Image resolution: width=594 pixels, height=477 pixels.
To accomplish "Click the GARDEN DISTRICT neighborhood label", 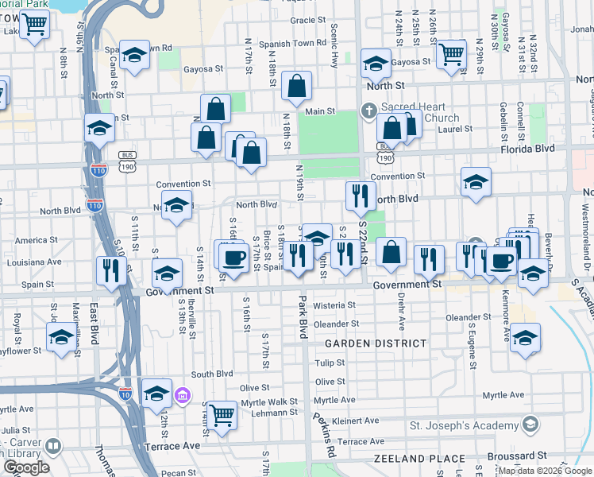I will click(376, 343).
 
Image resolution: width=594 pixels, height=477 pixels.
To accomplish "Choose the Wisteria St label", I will click(333, 304).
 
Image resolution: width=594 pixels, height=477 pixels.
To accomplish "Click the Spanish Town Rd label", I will click(299, 43).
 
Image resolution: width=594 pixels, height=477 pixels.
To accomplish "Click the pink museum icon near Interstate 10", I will click(183, 394).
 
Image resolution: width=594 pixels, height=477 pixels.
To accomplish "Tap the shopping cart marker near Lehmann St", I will click(222, 413).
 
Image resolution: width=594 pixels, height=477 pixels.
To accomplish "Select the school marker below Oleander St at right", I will click(525, 337).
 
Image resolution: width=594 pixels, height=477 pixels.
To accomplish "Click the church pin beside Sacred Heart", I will click(369, 111).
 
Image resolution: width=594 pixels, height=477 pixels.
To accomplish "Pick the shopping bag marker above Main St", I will click(296, 86).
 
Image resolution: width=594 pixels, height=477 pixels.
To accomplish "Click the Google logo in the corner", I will click(27, 467).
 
